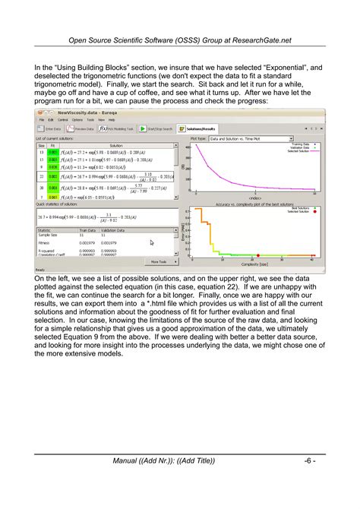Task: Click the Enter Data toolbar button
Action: [x=50, y=129]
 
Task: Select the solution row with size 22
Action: [x=41, y=176]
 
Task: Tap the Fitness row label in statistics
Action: [x=45, y=243]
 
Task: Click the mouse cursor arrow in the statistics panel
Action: [x=152, y=243]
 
